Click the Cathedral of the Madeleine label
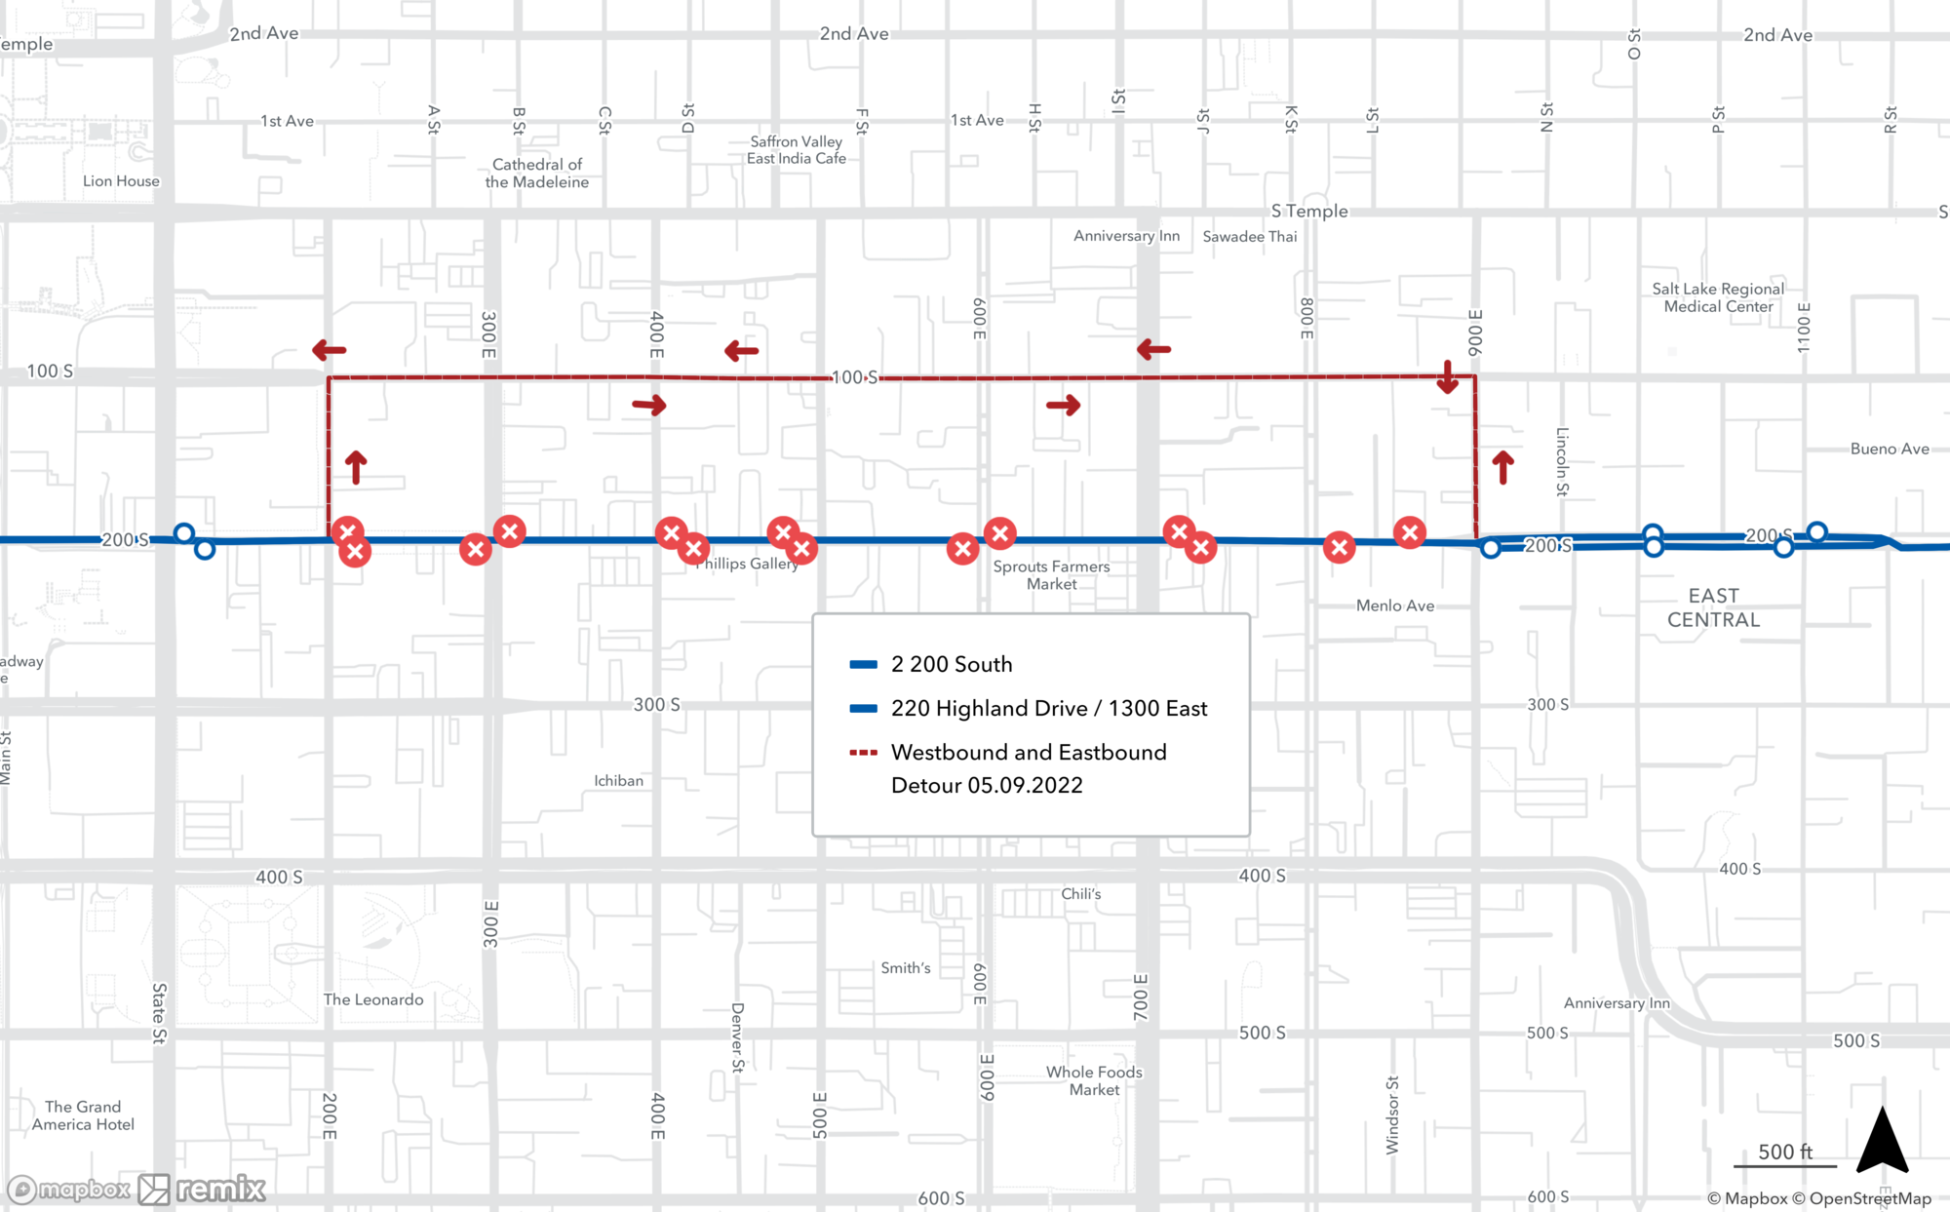click(x=537, y=174)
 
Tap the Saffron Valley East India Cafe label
click(x=797, y=150)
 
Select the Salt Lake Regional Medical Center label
click(x=1718, y=297)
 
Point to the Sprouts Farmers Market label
click(x=1051, y=575)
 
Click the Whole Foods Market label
click(x=1094, y=1080)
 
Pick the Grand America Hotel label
click(x=83, y=1115)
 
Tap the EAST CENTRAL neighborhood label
click(x=1713, y=607)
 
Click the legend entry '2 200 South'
click(x=951, y=664)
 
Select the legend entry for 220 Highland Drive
click(x=1048, y=708)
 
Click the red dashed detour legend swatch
click(x=863, y=753)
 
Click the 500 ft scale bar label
click(x=1784, y=1152)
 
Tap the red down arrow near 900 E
click(x=1448, y=377)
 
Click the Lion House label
click(x=121, y=181)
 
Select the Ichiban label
click(x=619, y=781)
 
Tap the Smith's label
click(x=906, y=968)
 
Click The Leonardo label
click(x=373, y=999)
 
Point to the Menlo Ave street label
click(x=1395, y=606)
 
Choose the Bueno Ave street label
click(x=1890, y=450)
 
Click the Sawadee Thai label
click(x=1250, y=237)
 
